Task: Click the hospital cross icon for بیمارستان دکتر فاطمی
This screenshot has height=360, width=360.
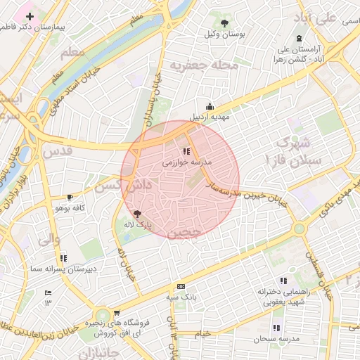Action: [x=30, y=16]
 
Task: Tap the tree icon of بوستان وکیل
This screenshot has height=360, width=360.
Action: [x=224, y=23]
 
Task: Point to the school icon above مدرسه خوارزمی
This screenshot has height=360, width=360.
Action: [x=186, y=151]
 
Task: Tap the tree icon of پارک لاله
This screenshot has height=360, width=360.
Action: [x=137, y=214]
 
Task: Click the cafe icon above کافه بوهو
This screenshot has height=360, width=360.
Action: [x=70, y=198]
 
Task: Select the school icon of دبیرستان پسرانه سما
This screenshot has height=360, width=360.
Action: [x=64, y=258]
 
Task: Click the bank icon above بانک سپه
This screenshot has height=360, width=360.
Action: [x=181, y=287]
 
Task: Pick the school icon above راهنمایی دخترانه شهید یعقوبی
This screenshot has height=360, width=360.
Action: [x=283, y=280]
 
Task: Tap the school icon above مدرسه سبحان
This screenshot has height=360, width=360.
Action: [x=277, y=328]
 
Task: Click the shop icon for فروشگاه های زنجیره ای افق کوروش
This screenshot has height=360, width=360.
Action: [x=116, y=313]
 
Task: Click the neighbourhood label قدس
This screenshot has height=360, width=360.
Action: [x=57, y=151]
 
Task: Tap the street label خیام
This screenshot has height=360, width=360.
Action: [x=202, y=334]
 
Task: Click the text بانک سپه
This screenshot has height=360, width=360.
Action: [x=181, y=297]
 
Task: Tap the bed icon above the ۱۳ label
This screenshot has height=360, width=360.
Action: [x=48, y=292]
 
